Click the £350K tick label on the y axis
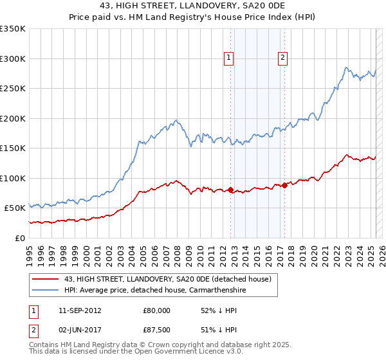13,29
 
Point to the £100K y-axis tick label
13,178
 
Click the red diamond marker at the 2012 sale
230,190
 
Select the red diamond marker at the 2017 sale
284,185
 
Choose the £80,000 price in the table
157,310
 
